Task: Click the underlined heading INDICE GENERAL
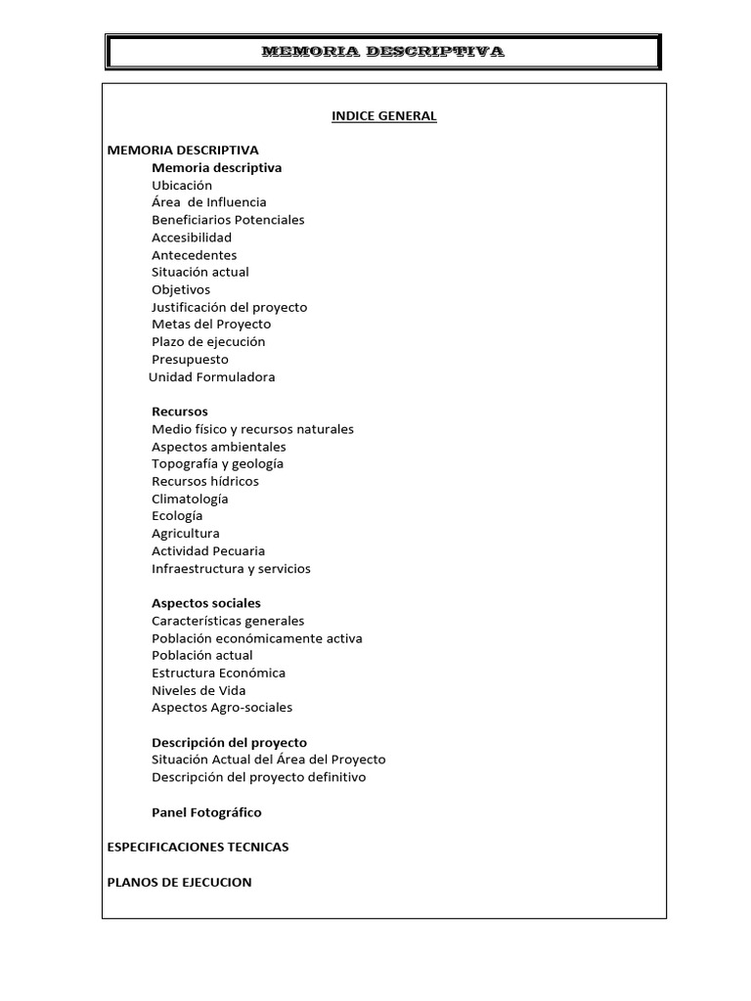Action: tap(383, 116)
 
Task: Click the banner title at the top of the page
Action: tap(382, 52)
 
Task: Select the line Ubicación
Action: tap(182, 185)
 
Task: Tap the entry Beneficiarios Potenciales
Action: tap(228, 220)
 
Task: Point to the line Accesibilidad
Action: tap(192, 238)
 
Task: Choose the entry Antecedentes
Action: tap(194, 255)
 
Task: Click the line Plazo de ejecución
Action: tap(208, 342)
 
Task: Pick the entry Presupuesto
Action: tap(190, 360)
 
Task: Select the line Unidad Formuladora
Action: tap(212, 377)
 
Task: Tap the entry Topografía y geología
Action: tap(217, 464)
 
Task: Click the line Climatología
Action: tap(190, 499)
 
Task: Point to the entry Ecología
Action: tap(177, 516)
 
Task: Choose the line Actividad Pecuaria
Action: tap(208, 551)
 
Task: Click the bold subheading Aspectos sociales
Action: tap(206, 603)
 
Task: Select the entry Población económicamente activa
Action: tap(257, 638)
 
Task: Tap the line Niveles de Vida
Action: tap(199, 690)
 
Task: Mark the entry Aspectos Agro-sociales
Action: tap(222, 708)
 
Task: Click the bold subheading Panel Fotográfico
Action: tap(206, 812)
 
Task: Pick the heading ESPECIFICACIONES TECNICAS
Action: tap(198, 848)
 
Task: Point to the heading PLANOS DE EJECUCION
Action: tap(179, 882)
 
